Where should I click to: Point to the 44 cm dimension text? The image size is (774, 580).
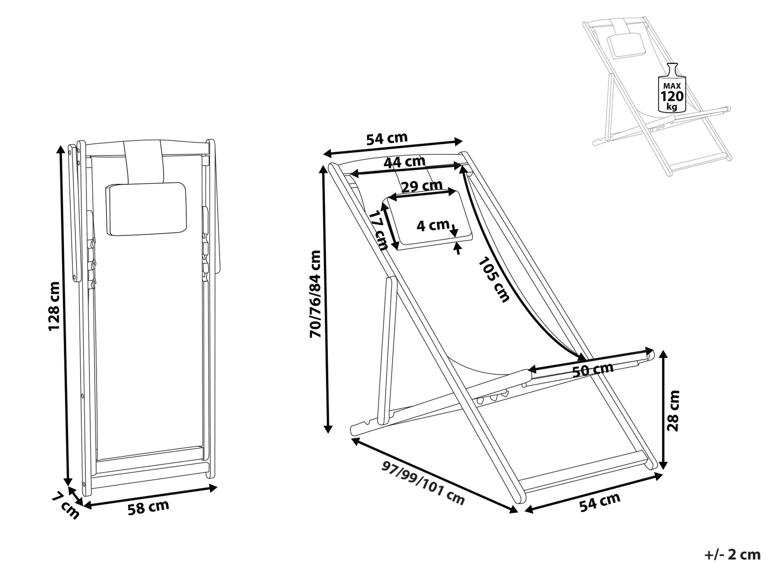405,162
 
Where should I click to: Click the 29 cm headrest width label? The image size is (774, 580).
422,186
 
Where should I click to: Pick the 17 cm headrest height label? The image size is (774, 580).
379,230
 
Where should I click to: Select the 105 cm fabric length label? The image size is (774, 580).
494,280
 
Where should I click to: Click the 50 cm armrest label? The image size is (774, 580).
593,369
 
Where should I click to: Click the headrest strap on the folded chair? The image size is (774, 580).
145,161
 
